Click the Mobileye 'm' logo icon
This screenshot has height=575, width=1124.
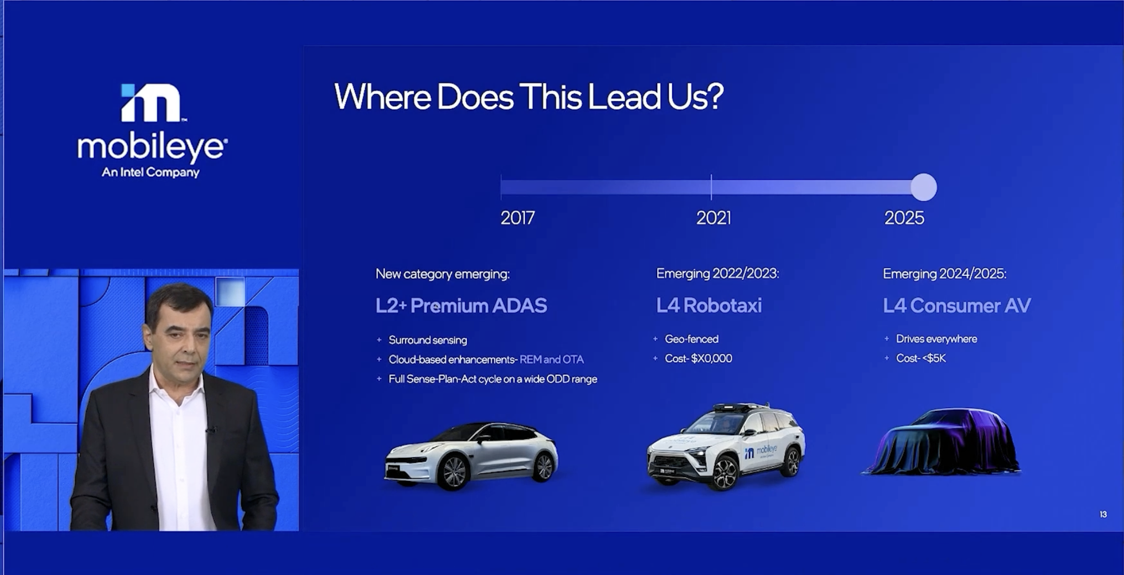[150, 102]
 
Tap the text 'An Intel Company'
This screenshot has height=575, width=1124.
[150, 172]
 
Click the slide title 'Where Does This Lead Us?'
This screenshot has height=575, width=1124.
[529, 97]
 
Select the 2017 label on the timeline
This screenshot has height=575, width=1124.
[518, 218]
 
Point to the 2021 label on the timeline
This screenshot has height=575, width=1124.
[714, 218]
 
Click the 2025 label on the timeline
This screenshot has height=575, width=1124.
[904, 218]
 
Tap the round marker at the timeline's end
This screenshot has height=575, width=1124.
[924, 187]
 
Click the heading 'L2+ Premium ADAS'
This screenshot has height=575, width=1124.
[461, 306]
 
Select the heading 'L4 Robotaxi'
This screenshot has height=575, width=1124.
[709, 305]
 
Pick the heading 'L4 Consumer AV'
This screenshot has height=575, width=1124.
[957, 306]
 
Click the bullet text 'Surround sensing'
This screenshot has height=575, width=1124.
[428, 340]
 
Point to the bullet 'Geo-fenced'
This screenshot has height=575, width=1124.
[691, 339]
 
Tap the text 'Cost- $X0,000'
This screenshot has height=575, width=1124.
[699, 358]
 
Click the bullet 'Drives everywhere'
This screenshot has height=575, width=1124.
[936, 339]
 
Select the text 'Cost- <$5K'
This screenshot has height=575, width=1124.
[921, 358]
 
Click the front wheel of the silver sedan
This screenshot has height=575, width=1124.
[454, 472]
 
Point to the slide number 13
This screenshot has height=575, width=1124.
[1103, 514]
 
